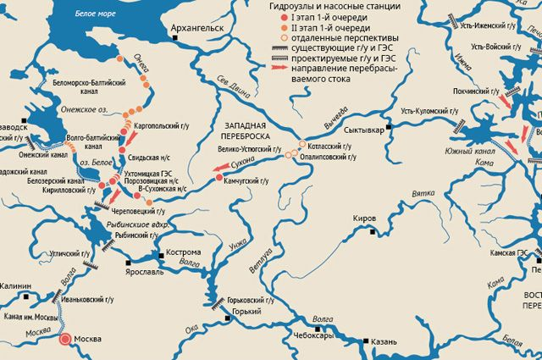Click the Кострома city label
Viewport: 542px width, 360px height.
tap(182, 252)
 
